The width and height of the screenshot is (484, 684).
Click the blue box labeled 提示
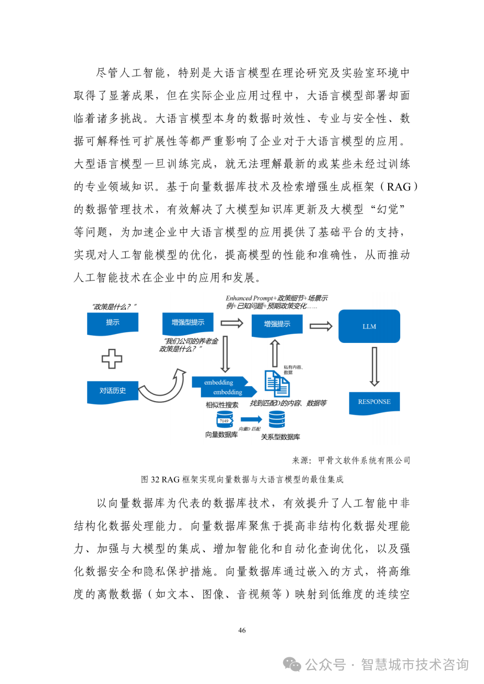pos(113,323)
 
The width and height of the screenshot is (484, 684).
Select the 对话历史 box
pos(113,391)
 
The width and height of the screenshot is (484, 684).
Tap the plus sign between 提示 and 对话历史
pos(112,358)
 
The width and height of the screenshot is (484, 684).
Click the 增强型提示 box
pos(188,323)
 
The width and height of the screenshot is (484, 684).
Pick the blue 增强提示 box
pos(277,324)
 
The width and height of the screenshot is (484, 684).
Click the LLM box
pos(369,327)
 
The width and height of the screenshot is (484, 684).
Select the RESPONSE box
pos(374,402)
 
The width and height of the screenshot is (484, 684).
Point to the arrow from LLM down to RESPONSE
pos(374,366)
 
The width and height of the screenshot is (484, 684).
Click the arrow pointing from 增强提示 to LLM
pos(320,326)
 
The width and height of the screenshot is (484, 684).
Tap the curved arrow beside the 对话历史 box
pos(165,387)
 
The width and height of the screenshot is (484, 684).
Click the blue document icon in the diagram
pos(277,384)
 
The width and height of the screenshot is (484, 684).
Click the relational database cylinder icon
pos(277,419)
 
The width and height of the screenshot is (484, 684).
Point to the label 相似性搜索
pos(222,405)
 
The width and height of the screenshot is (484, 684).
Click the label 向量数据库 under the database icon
pos(221,435)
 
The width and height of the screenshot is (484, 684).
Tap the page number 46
pos(242,630)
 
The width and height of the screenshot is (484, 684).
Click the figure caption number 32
pos(155,479)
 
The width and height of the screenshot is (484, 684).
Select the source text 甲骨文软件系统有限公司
pos(364,461)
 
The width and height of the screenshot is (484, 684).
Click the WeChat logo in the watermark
pos(292,664)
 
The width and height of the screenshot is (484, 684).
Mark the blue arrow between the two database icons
pos(251,419)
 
